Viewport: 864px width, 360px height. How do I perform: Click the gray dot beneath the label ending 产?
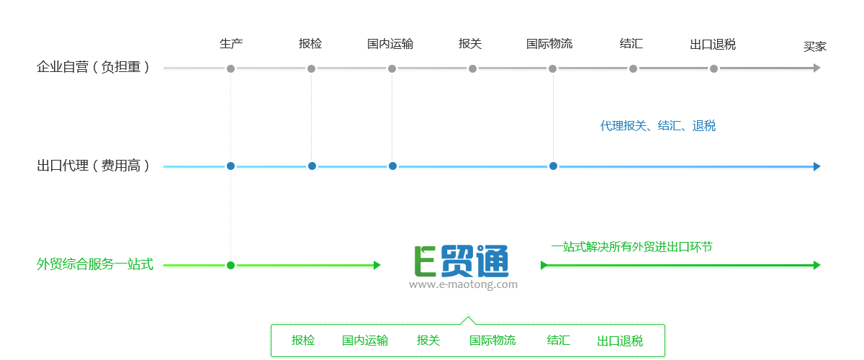tap(230, 68)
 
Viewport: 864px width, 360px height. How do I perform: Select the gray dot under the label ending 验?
tap(311, 68)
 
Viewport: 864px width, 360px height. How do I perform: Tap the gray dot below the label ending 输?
tap(392, 68)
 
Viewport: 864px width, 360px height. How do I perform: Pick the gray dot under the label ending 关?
tap(472, 68)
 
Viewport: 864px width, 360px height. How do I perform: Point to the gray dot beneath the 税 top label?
tap(714, 68)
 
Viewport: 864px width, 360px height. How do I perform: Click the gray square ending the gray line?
tap(816, 68)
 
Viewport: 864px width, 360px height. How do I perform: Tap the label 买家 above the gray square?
tap(815, 47)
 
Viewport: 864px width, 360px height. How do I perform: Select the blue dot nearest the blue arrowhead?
tap(553, 166)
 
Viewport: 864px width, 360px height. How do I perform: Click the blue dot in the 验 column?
tap(312, 166)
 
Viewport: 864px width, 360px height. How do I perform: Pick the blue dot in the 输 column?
tap(392, 166)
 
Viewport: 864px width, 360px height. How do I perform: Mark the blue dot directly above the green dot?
tap(230, 166)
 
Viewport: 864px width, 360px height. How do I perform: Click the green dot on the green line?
tap(230, 265)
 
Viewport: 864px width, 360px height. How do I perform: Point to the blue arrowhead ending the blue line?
tap(816, 166)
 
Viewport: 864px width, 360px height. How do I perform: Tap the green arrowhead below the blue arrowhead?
tap(816, 265)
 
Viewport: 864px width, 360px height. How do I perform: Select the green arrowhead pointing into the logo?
tap(377, 265)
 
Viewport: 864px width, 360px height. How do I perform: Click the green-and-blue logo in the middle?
tap(463, 267)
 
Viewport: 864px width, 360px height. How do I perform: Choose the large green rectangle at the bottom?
tap(467, 336)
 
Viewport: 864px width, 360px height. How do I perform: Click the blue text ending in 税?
tap(658, 125)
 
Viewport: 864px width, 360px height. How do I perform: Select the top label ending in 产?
tap(231, 44)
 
